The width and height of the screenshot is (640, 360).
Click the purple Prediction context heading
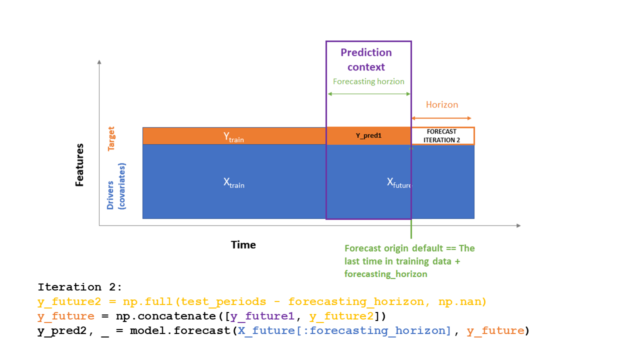click(366, 59)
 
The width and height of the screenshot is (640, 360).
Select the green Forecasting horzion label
click(368, 81)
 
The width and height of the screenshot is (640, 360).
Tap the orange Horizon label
click(442, 104)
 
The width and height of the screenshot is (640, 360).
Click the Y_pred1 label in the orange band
click(368, 135)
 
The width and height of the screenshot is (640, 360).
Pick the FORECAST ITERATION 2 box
click(442, 136)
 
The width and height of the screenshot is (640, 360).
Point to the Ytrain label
click(233, 136)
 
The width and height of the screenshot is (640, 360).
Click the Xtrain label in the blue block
click(233, 182)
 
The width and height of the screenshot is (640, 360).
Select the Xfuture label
click(399, 182)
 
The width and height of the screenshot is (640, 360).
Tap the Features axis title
click(79, 165)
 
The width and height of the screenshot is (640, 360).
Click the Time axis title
click(243, 244)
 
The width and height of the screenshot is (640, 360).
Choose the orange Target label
click(111, 138)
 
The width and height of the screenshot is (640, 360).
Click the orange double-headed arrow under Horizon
click(441, 118)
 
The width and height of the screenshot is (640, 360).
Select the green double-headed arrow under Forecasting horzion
click(368, 93)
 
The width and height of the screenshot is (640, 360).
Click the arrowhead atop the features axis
click(99, 61)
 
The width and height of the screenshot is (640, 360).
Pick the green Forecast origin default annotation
click(409, 261)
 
